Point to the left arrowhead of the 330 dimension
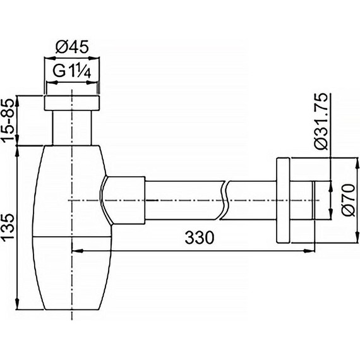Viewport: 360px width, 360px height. [x=76, y=250]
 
